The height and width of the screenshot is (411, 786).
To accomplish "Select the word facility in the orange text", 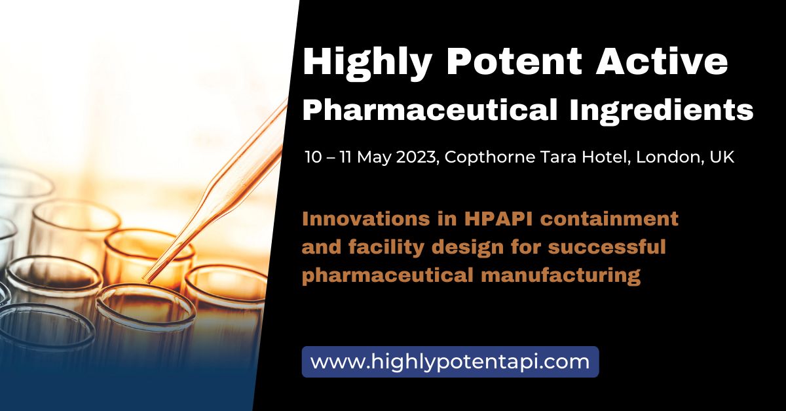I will [385, 247].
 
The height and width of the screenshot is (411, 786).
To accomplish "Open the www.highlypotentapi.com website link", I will [450, 361].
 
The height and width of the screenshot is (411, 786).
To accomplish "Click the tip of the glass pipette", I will [145, 280].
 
